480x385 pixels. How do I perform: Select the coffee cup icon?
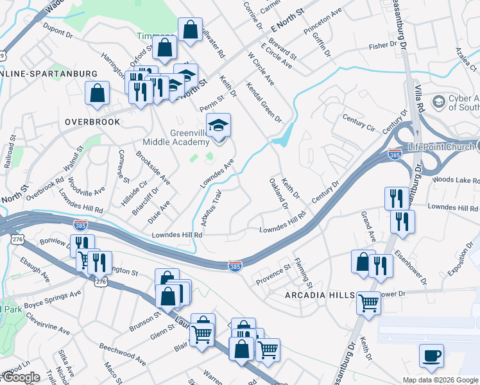coord(431,356)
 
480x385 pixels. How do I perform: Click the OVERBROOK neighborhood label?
coord(92,121)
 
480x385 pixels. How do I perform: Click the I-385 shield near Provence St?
coord(236,265)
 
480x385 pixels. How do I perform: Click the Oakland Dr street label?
coord(279,193)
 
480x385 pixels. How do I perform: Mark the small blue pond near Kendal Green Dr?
coord(282,137)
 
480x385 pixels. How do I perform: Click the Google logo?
coord(21,377)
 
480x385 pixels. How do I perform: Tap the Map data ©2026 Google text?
coord(440,380)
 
